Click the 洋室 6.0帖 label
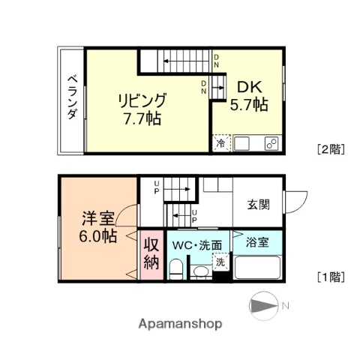98,226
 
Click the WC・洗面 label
197,244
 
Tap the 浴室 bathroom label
257,241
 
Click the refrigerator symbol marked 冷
221,142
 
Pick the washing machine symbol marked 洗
220,262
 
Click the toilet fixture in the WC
175,268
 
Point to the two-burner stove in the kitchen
271,142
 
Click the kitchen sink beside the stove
246,142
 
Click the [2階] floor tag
330,148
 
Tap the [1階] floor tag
330,276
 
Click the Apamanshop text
180,324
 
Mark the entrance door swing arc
297,201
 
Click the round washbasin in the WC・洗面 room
201,271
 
